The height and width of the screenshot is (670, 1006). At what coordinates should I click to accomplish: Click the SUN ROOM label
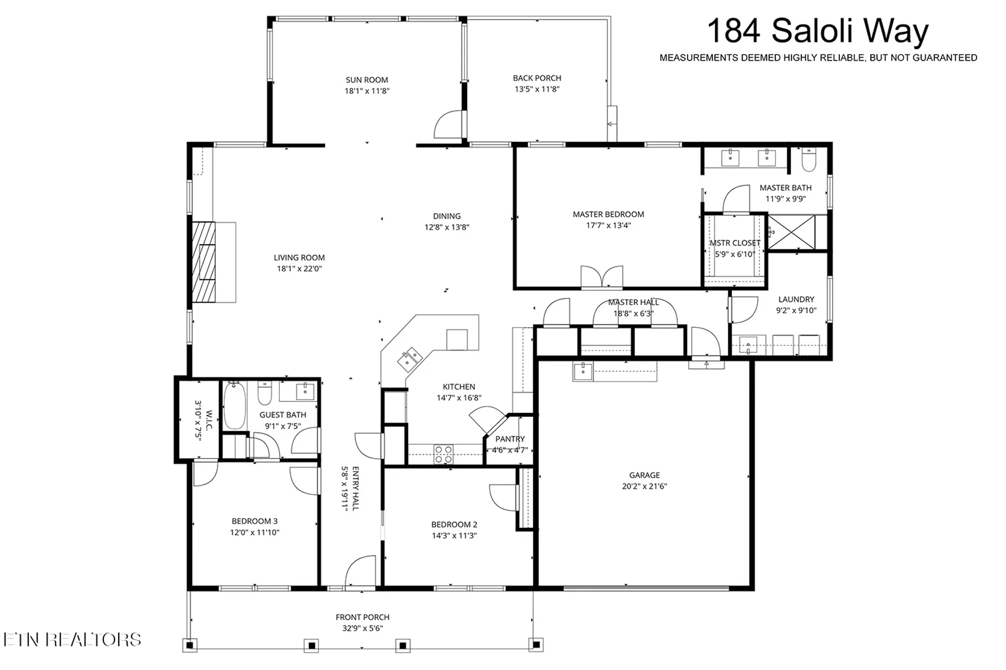click(x=367, y=79)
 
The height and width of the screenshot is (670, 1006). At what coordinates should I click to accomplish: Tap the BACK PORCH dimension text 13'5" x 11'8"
click(x=537, y=89)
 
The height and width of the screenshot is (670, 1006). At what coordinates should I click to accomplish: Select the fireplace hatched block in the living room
click(x=204, y=262)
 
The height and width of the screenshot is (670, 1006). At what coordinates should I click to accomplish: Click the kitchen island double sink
click(x=410, y=358)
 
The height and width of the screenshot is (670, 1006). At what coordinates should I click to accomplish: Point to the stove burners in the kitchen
click(x=443, y=454)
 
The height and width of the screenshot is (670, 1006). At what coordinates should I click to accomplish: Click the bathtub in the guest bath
click(x=234, y=406)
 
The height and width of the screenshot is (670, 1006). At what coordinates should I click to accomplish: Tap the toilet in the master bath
click(x=809, y=159)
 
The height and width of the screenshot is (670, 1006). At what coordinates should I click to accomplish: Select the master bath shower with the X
click(x=792, y=232)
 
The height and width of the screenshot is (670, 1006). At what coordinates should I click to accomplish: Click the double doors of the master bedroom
click(x=602, y=277)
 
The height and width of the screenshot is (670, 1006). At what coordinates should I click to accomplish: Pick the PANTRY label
click(x=510, y=439)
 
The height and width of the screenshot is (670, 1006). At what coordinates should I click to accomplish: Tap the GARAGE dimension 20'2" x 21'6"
click(x=644, y=486)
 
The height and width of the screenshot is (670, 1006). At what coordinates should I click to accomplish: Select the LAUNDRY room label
click(x=796, y=299)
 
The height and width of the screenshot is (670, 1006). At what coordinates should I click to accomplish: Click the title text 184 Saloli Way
click(x=817, y=31)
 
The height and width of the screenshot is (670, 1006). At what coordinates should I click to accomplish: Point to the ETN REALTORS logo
click(x=72, y=639)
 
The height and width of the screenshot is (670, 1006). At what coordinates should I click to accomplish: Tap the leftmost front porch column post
click(x=190, y=645)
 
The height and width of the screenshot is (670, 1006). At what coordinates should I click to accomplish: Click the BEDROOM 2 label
click(x=454, y=524)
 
